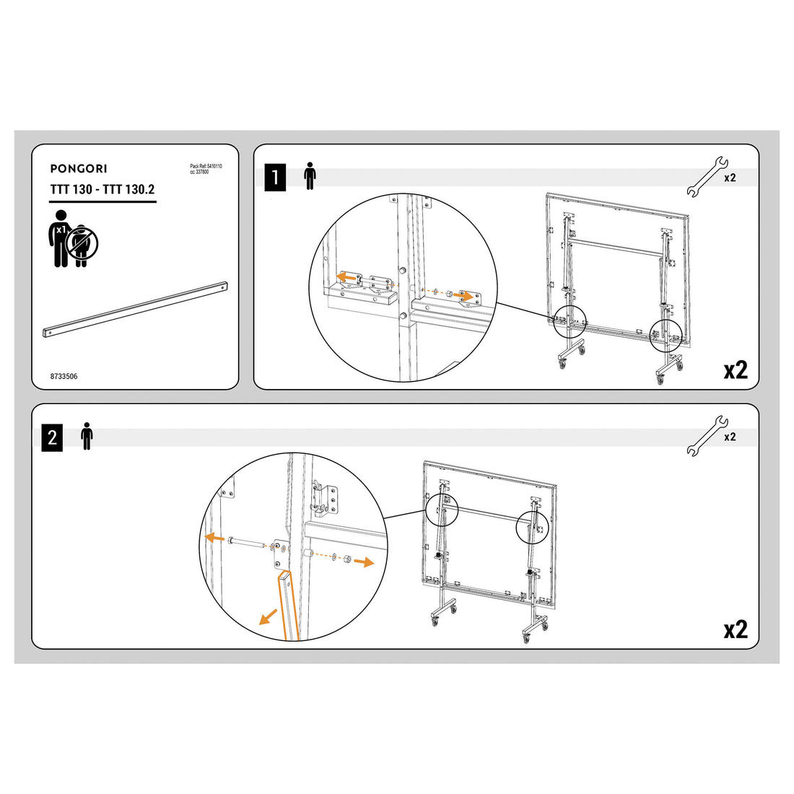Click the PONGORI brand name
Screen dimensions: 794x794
(x=79, y=169)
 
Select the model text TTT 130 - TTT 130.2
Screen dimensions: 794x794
(x=102, y=189)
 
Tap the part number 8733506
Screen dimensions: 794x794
(x=64, y=376)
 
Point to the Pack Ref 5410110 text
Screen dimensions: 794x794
(x=206, y=166)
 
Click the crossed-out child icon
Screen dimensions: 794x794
(x=82, y=243)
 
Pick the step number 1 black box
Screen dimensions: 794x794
(x=275, y=178)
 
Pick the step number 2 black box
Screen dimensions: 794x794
(x=52, y=437)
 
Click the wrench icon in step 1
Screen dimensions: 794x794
(x=707, y=177)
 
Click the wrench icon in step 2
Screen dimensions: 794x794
(x=707, y=436)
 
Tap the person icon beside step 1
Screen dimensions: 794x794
(x=310, y=176)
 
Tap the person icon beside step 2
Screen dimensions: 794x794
(x=87, y=436)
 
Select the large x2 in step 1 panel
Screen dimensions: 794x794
(x=736, y=370)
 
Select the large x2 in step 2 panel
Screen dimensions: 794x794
(x=736, y=629)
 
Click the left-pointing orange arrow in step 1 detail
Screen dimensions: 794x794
(x=347, y=277)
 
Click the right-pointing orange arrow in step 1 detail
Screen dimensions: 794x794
(x=463, y=295)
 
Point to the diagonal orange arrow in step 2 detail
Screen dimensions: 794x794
(x=268, y=617)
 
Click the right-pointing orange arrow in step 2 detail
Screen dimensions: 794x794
(x=364, y=562)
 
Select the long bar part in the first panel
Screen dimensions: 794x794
(x=135, y=310)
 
